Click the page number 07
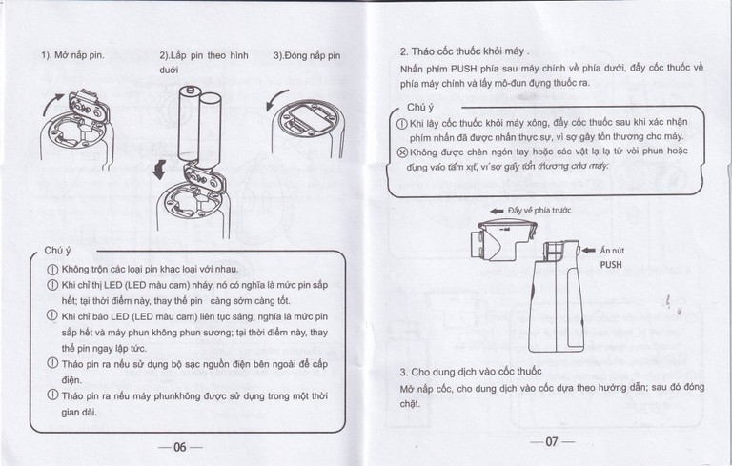551,441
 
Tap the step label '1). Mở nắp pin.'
72,55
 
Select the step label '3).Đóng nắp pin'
306,55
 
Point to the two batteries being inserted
196,120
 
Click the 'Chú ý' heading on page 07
420,108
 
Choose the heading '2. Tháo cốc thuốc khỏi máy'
464,50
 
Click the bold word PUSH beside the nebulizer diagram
610,266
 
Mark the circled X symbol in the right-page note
401,152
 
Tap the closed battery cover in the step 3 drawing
309,118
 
